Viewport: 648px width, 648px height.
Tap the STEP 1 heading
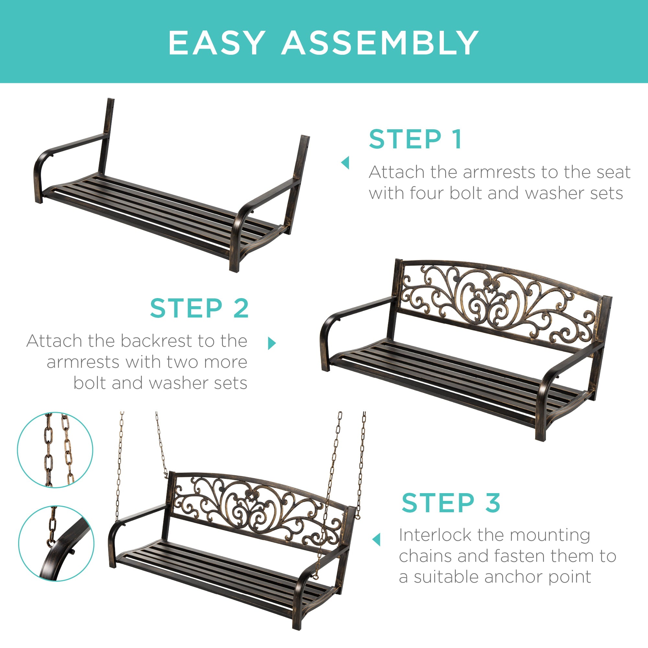[416, 139]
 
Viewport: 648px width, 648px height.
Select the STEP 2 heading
[199, 308]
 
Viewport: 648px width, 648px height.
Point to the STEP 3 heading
[451, 503]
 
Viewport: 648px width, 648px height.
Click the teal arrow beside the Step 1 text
[345, 163]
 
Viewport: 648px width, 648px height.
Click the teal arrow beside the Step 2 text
[272, 343]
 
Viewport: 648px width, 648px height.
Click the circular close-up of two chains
[55, 450]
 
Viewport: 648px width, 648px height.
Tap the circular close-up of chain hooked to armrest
[56, 543]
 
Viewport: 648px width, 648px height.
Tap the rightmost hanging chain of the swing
[362, 463]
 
